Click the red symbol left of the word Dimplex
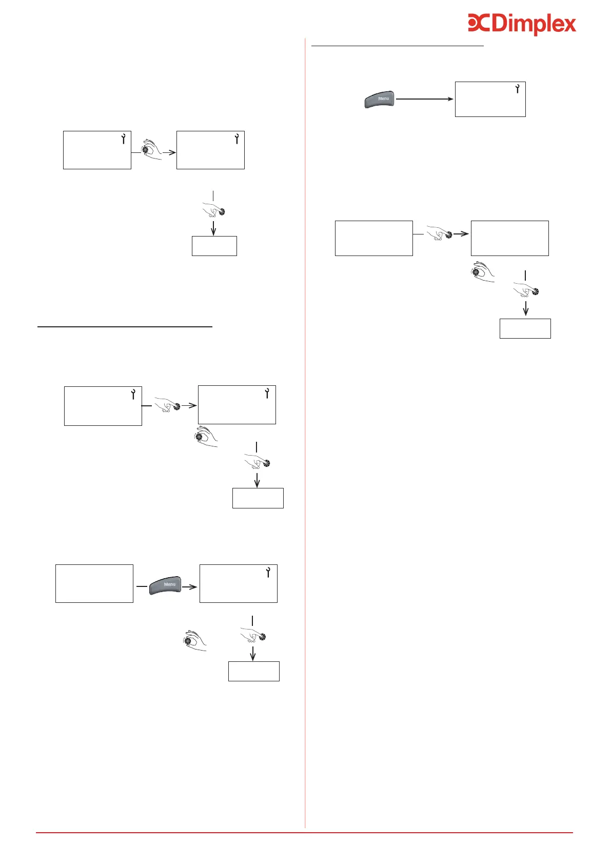coord(479,23)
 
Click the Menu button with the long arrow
coord(380,99)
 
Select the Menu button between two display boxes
coord(165,585)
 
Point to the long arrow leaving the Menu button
coord(425,99)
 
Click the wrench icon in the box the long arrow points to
coord(517,88)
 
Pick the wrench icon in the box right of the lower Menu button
coord(268,573)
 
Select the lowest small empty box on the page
coord(253,671)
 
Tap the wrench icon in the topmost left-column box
coord(124,138)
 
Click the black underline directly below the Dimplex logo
coord(398,46)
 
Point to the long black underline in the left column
coord(125,326)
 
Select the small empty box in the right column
coord(525,328)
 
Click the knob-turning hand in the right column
coord(483,272)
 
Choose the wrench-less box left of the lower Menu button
coord(94,583)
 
